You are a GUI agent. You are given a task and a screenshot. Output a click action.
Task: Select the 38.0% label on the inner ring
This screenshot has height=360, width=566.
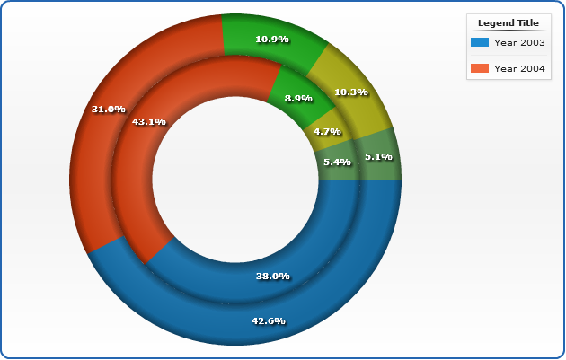click(273, 276)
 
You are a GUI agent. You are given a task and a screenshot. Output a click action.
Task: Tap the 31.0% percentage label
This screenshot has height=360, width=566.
click(109, 109)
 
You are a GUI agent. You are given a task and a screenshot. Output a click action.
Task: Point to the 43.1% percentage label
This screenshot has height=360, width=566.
click(149, 121)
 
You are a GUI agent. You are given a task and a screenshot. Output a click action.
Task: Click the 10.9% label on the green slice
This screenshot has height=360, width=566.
click(271, 40)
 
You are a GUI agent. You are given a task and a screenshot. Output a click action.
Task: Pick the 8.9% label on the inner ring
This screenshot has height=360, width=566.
click(298, 98)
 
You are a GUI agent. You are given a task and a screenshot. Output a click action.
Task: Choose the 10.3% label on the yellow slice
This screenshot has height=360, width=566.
click(351, 92)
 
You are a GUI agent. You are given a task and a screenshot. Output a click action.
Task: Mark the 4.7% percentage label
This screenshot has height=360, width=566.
click(327, 131)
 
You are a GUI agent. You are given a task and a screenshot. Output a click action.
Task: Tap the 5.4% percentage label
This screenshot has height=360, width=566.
click(336, 162)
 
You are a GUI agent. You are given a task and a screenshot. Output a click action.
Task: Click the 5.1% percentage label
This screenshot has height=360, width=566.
click(377, 156)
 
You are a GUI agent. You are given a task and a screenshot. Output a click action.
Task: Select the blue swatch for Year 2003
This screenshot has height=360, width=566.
click(479, 42)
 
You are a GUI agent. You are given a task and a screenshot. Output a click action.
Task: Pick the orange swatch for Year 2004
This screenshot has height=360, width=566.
click(479, 68)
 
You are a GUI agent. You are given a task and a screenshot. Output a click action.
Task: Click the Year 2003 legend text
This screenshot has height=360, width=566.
click(520, 42)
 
